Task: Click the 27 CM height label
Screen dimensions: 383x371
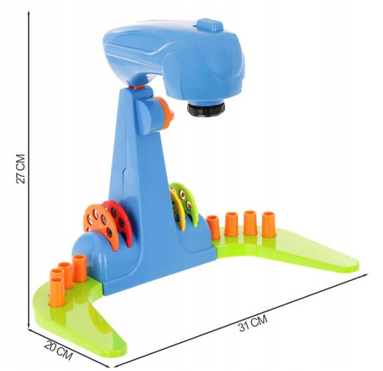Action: pyautogui.click(x=20, y=169)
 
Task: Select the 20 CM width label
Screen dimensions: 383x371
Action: pyautogui.click(x=59, y=351)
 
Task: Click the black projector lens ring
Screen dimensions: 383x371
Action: pyautogui.click(x=206, y=109)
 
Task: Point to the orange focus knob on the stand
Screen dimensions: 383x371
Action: pyautogui.click(x=165, y=112)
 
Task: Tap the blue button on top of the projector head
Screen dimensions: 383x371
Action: pyautogui.click(x=209, y=26)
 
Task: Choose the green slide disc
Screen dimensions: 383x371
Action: pyautogui.click(x=187, y=203)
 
